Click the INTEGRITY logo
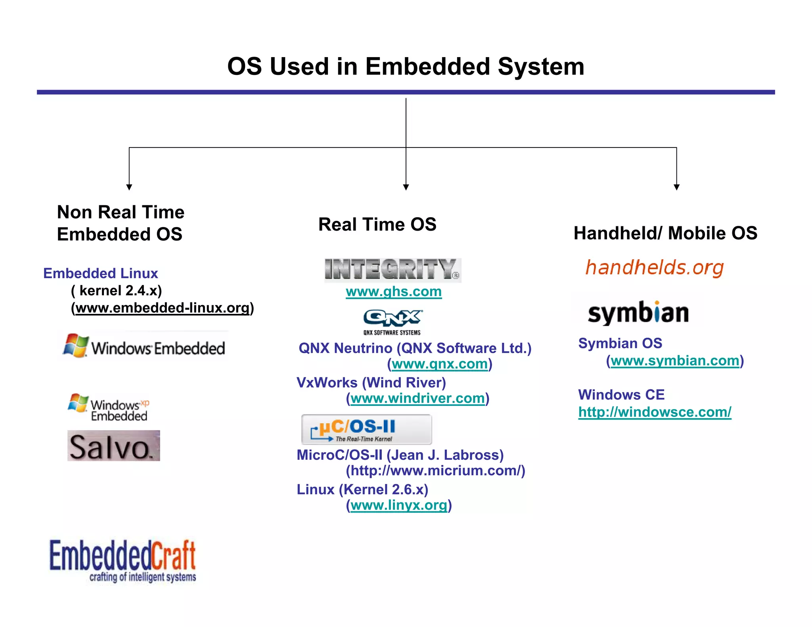pos(393,270)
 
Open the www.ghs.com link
pos(393,292)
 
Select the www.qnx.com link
pos(439,364)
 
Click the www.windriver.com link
pos(417,398)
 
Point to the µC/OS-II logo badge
pos(366,429)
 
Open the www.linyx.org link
pos(398,505)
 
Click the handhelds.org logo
pos(654,268)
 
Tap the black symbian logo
pos(638,313)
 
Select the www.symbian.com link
pos(675,361)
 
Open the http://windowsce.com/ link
pos(655,412)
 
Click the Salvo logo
pos(113,446)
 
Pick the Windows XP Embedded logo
pos(109,407)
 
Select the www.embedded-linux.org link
pos(163,308)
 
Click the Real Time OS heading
pos(377,224)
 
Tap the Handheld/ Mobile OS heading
pos(665,233)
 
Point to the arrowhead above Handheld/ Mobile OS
pos(676,187)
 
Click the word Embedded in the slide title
pos(427,66)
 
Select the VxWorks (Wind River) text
pos(371,382)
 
